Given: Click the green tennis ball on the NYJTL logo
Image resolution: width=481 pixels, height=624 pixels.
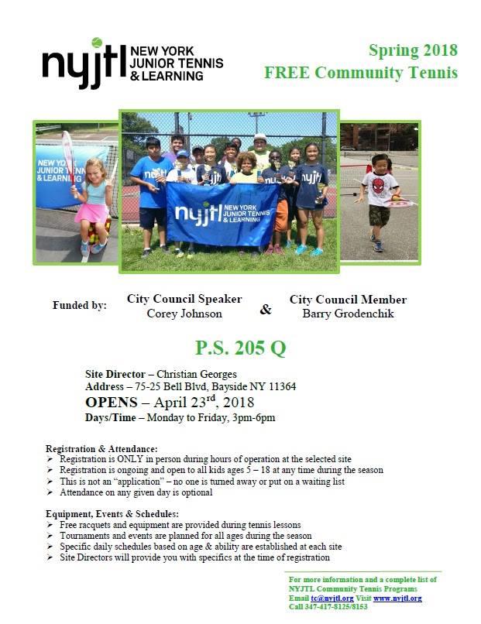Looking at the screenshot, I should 97,43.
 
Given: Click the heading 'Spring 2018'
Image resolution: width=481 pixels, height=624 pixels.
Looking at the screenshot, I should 413,52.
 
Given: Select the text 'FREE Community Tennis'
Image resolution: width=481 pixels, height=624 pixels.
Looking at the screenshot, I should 360,74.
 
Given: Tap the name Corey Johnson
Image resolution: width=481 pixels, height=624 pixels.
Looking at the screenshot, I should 184,314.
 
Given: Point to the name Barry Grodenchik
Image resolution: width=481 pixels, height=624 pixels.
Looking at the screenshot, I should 348,314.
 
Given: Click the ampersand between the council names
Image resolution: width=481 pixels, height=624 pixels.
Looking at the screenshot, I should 266,310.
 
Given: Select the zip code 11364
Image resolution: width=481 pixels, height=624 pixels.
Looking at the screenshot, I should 280,386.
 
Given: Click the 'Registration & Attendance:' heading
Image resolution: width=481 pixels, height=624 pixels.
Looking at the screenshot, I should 101,449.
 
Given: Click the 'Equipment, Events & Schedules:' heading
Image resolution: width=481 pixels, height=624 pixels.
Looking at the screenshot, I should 112,514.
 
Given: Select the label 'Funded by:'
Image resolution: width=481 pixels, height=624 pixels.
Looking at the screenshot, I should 80,305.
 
